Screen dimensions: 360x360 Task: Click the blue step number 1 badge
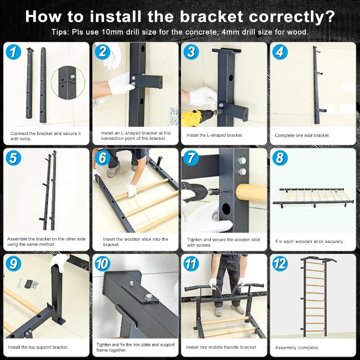13,52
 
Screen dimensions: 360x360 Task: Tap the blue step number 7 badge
191,158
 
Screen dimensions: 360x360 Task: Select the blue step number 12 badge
280,264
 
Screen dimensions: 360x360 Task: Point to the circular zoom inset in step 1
68,83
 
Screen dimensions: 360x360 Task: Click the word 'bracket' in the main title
211,17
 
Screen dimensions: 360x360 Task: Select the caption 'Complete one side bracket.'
302,135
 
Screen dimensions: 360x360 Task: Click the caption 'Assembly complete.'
297,347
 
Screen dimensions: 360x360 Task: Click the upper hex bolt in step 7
243,160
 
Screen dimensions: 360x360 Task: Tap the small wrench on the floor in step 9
20,283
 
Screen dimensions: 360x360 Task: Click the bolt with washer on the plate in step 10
149,297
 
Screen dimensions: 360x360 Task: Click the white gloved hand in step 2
120,84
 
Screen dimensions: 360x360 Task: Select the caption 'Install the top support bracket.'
38,347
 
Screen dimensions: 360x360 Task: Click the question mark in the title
330,17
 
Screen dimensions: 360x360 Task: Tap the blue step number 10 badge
102,264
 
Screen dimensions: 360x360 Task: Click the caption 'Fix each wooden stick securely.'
310,241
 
